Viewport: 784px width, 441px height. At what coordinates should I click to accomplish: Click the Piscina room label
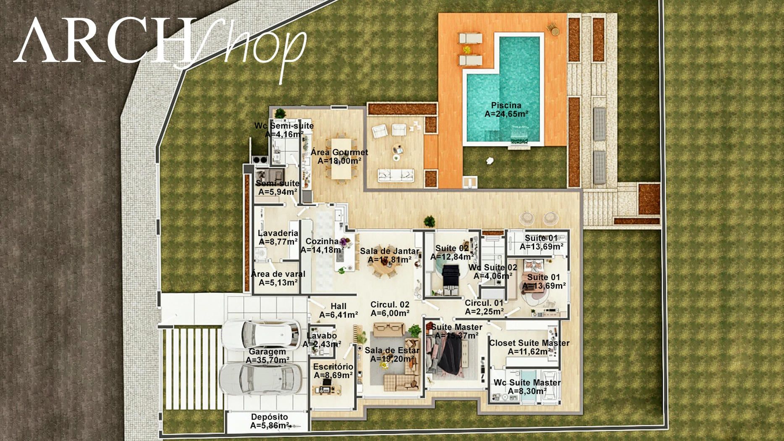point(506,105)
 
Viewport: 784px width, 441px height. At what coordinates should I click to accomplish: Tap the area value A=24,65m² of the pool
point(506,114)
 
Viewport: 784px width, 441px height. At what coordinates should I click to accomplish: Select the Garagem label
point(267,352)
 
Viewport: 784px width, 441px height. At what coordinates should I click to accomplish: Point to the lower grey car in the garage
point(260,379)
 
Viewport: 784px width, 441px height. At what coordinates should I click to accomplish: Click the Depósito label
point(270,417)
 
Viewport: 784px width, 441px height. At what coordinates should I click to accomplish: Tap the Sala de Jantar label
point(389,251)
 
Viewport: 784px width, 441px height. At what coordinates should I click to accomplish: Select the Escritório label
point(333,367)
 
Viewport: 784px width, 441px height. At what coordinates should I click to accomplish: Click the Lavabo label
point(322,336)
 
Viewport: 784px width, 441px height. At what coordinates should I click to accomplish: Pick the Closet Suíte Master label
point(529,343)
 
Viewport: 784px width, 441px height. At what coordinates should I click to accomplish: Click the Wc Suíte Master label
point(527,383)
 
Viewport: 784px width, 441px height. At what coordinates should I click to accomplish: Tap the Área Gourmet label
point(339,152)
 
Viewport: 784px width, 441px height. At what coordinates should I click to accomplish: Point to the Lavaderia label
point(278,233)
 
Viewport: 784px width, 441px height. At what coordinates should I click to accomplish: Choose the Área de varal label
point(278,274)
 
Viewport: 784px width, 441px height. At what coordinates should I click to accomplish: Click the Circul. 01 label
point(484,303)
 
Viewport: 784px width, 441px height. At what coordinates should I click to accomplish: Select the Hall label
point(338,306)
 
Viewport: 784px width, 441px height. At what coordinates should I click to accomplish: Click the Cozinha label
point(322,241)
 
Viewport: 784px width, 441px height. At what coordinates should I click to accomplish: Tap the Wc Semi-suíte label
point(284,126)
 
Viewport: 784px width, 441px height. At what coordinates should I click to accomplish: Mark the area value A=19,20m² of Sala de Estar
point(392,359)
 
